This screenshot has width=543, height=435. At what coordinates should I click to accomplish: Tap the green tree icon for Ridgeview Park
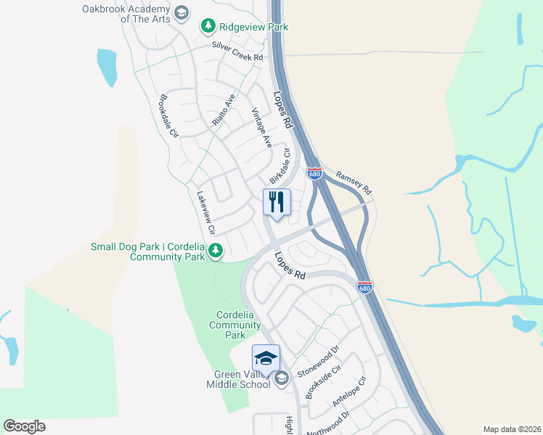point(208,27)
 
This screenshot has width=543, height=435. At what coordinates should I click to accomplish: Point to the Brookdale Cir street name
point(168,116)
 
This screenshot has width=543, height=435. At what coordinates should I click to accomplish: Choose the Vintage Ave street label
point(261,128)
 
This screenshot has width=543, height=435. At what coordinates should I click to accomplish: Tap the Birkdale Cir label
point(280,166)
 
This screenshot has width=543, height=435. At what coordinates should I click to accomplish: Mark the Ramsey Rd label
point(354,183)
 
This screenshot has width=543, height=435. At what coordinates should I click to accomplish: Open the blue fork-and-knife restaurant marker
point(277,202)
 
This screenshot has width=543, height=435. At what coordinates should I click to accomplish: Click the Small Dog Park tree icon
point(216,252)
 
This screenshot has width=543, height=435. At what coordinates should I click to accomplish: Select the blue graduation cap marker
point(266,358)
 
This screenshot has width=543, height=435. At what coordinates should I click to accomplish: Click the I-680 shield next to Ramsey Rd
point(314,174)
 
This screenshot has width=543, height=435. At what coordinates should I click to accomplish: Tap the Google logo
point(25,426)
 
